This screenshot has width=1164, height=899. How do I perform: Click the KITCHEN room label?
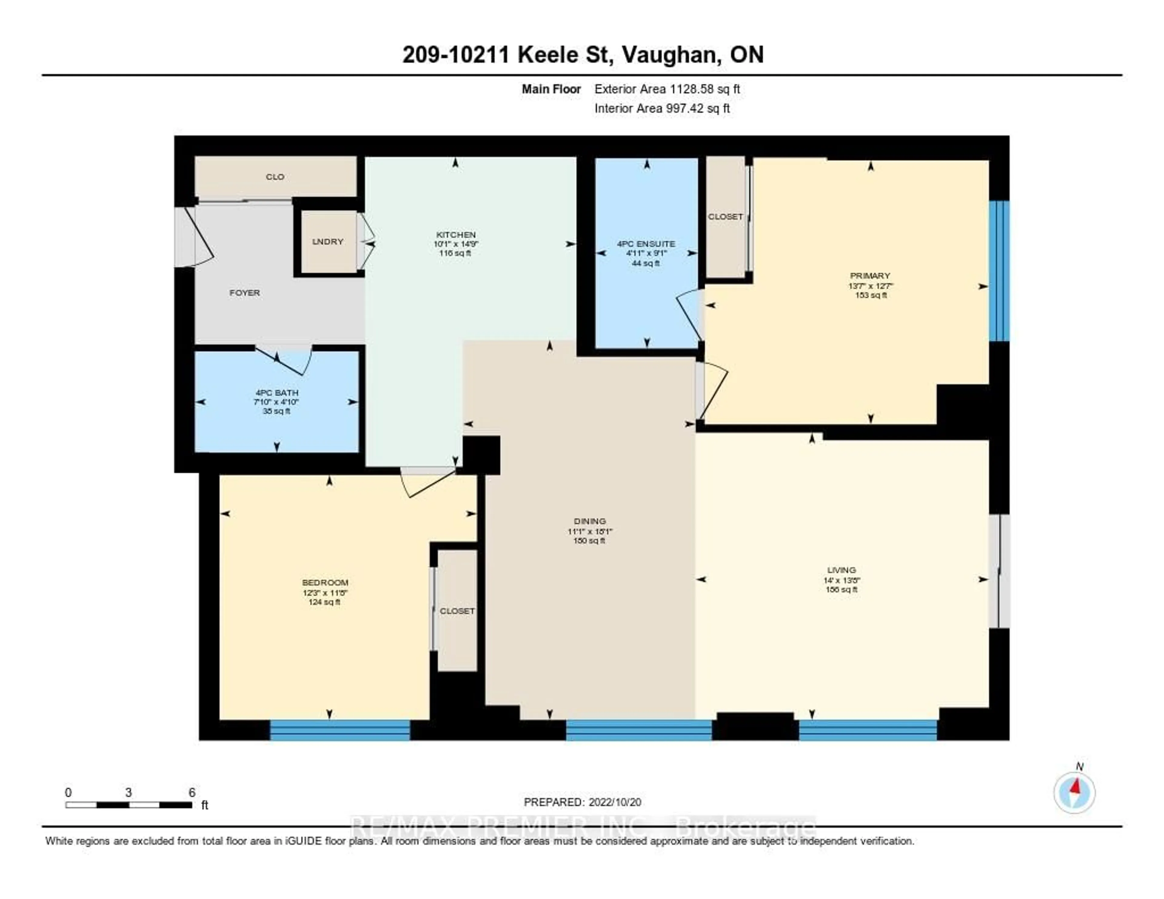(x=456, y=235)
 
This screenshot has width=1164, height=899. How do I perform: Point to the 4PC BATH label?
(x=277, y=393)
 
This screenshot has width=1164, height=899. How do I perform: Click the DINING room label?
(x=590, y=521)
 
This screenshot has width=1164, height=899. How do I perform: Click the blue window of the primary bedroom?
(x=999, y=271)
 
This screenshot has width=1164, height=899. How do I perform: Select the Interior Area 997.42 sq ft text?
(x=662, y=109)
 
